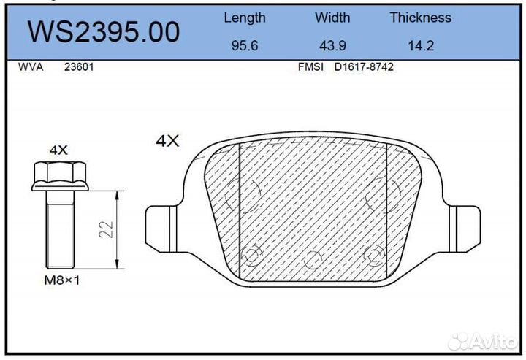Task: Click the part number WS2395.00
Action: click(x=103, y=31)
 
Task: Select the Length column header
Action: click(x=244, y=18)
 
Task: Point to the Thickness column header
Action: click(x=420, y=18)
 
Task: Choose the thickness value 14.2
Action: click(x=421, y=45)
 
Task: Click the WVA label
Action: click(x=30, y=66)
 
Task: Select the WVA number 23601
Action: click(x=78, y=66)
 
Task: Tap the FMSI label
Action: click(x=311, y=66)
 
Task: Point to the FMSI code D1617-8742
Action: click(x=363, y=66)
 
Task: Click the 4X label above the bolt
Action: click(x=58, y=150)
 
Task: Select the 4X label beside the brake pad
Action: click(x=167, y=141)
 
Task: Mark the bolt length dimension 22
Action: click(x=107, y=230)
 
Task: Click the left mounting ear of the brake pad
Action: click(x=159, y=226)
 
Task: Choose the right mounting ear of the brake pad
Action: click(x=465, y=226)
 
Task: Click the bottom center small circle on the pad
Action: click(x=313, y=258)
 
